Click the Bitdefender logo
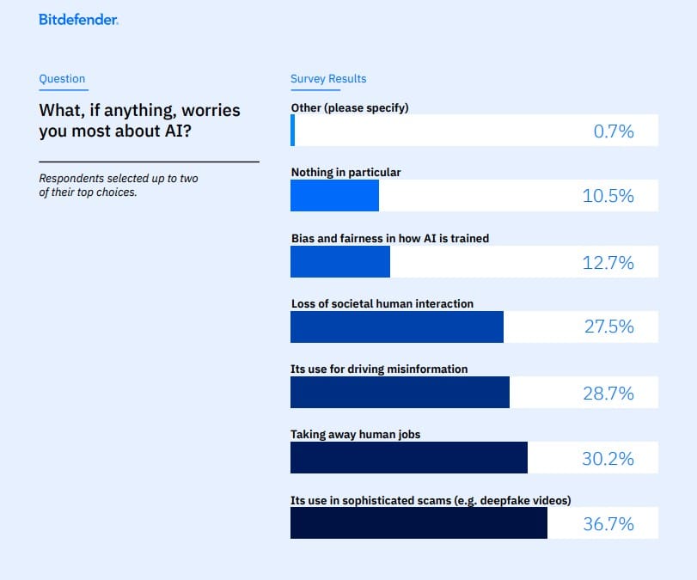point(78,19)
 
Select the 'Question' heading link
point(62,79)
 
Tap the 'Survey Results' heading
point(328,79)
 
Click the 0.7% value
point(614,131)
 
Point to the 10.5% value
point(608,196)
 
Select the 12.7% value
point(608,262)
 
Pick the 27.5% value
point(608,327)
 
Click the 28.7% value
point(608,393)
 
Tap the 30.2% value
point(608,459)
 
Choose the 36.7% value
point(608,524)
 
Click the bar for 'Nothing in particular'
point(334,196)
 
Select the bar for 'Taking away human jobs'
point(408,458)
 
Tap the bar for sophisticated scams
point(419,523)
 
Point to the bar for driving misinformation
point(400,393)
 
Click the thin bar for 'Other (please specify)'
point(292,131)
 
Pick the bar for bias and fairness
point(340,262)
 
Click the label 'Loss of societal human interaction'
point(382,303)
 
